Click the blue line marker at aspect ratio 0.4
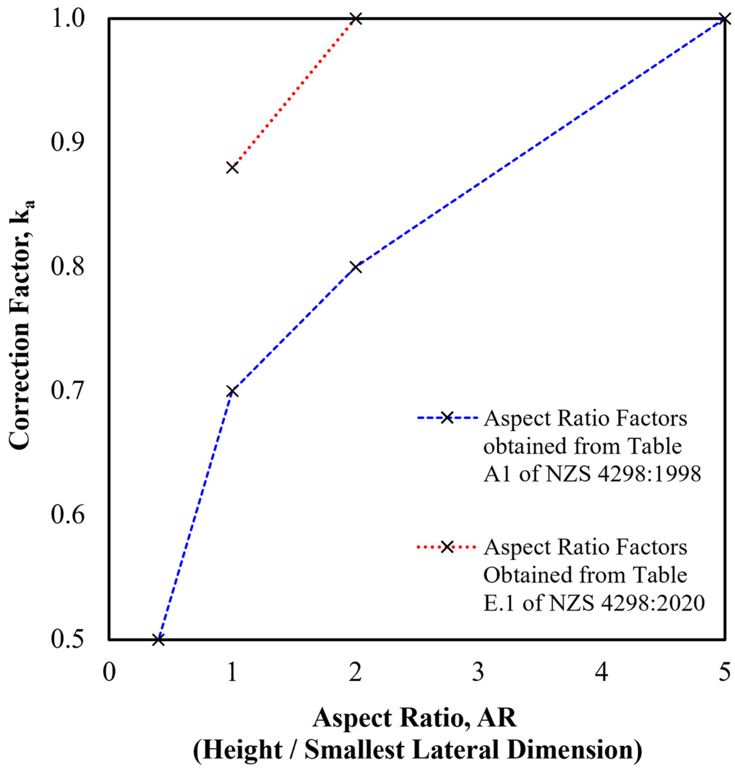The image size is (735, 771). click(x=158, y=640)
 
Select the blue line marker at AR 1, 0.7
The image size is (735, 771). click(x=232, y=391)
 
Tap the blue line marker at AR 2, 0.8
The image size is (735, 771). click(x=356, y=267)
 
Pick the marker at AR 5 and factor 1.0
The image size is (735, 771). click(x=724, y=19)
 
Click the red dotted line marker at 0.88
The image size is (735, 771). click(x=232, y=168)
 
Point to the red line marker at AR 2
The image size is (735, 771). click(x=356, y=19)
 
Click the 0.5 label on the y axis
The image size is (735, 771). click(x=68, y=640)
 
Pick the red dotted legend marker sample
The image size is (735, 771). click(x=447, y=547)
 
